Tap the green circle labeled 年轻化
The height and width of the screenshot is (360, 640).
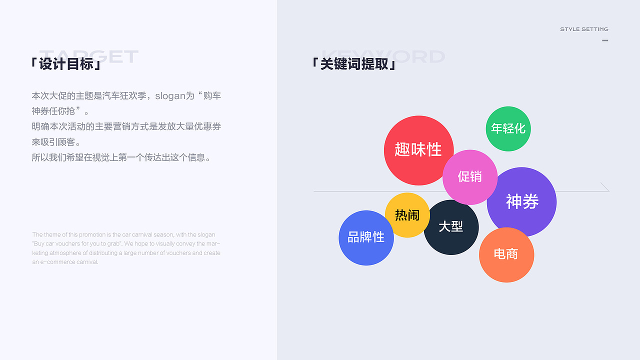click(x=508, y=128)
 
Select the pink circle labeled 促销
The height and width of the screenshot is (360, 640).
click(x=470, y=176)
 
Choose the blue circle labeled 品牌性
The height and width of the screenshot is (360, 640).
click(x=366, y=237)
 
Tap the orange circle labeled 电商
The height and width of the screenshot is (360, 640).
click(x=506, y=254)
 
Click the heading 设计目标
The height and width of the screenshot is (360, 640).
click(x=66, y=64)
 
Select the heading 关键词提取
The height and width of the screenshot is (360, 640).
click(x=354, y=64)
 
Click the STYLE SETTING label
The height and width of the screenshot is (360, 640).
click(x=584, y=29)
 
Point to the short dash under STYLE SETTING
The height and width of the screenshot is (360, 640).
click(x=605, y=40)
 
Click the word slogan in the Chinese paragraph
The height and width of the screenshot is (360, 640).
click(x=170, y=95)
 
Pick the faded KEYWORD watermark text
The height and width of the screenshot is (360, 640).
click(x=383, y=55)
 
